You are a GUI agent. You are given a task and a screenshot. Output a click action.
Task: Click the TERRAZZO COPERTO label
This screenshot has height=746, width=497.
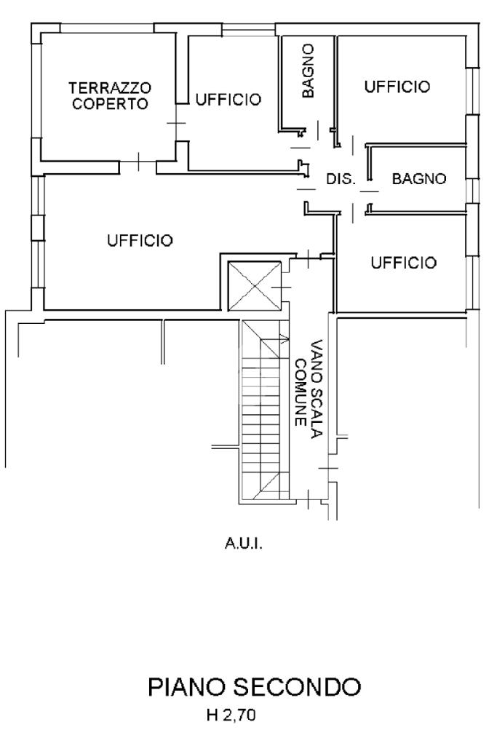[111, 95]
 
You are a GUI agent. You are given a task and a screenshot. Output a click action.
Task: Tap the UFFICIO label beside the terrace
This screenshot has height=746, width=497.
[228, 100]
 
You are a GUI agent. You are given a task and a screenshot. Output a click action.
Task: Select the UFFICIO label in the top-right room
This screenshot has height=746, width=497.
[397, 87]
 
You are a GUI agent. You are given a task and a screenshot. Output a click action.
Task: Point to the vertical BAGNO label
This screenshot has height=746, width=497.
[309, 71]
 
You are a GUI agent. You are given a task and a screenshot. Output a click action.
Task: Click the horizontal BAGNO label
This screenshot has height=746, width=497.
[419, 179]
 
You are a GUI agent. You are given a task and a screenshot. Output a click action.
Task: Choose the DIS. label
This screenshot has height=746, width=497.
[341, 179]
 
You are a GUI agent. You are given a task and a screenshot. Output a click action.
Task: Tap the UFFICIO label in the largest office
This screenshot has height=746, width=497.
[140, 240]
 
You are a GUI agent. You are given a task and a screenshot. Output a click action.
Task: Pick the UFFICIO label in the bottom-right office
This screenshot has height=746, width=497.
[404, 263]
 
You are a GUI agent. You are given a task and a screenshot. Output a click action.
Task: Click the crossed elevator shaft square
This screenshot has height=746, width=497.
[255, 287]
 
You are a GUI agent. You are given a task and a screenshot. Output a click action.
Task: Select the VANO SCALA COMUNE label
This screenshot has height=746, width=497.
[309, 388]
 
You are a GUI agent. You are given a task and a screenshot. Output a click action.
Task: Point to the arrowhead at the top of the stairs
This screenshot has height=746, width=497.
[286, 339]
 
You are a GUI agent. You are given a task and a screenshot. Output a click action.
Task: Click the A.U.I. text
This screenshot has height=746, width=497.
[244, 544]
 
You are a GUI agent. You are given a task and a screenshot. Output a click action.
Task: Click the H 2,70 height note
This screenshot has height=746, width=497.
[231, 715]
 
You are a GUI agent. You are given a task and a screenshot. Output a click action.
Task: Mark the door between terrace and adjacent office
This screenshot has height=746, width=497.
[176, 123]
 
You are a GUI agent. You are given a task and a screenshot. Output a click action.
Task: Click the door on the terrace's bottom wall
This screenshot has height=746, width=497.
[138, 162]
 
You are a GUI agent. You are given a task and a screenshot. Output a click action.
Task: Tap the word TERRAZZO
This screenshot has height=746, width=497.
[111, 88]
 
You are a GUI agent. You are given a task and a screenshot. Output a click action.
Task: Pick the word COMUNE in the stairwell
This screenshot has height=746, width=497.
[301, 392]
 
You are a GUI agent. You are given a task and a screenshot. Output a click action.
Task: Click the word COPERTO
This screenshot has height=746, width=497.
[111, 104]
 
